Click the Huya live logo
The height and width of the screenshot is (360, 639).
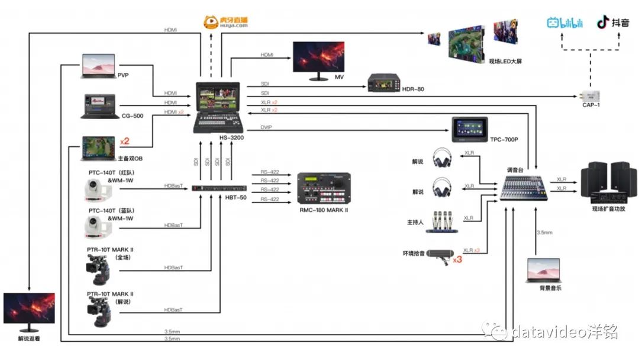point(225,22)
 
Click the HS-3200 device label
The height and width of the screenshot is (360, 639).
point(231,137)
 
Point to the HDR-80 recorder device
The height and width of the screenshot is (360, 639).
point(385,83)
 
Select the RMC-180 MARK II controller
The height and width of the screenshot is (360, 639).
point(323,189)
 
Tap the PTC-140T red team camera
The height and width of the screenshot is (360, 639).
point(96,189)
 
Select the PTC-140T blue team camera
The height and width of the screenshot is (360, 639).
point(96,226)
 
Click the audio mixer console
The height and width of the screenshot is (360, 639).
point(521,188)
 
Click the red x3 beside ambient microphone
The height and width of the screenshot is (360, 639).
point(457,259)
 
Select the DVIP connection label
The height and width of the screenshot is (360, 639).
point(266,127)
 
